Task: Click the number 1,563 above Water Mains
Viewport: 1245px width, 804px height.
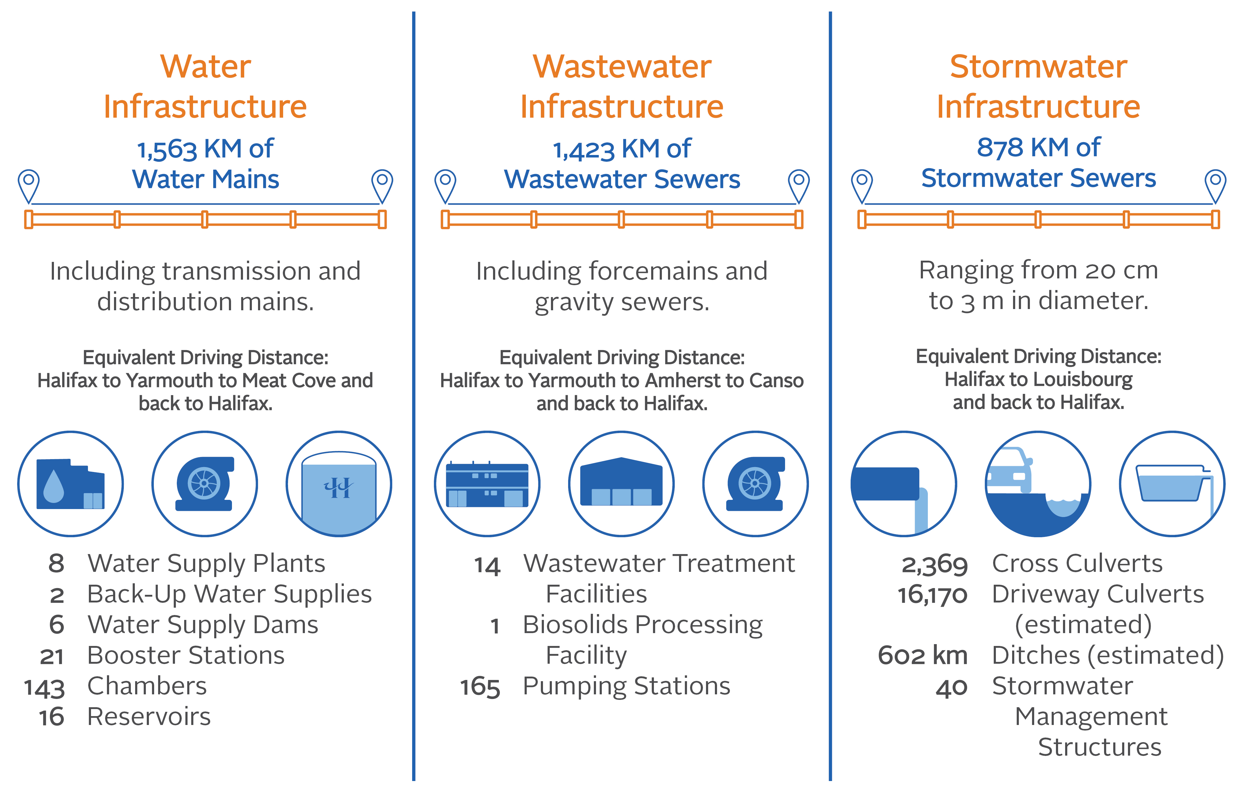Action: pyautogui.click(x=167, y=150)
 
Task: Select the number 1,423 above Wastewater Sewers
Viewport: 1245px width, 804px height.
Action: pyautogui.click(x=584, y=150)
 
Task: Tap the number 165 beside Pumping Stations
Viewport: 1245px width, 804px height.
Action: pyautogui.click(x=480, y=687)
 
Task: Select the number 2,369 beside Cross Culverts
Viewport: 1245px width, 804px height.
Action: pyautogui.click(x=935, y=565)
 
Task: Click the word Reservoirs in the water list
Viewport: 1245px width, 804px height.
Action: pyautogui.click(x=149, y=717)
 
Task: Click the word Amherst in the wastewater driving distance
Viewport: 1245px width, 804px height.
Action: pyautogui.click(x=682, y=381)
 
